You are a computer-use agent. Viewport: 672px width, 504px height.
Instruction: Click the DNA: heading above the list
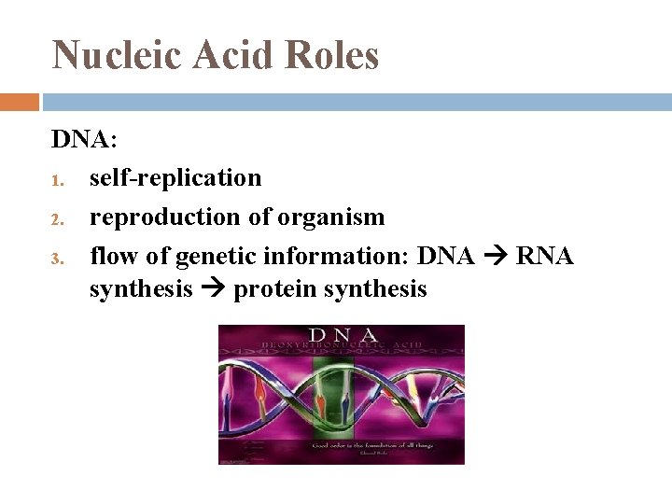click(84, 139)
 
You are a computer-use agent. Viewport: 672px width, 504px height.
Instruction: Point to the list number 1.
click(56, 179)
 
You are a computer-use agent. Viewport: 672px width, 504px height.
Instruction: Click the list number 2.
click(56, 219)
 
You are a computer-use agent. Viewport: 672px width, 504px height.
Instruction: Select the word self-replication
click(175, 177)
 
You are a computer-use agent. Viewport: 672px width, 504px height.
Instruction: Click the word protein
click(274, 290)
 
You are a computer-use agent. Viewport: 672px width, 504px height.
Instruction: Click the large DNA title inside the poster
click(343, 334)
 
